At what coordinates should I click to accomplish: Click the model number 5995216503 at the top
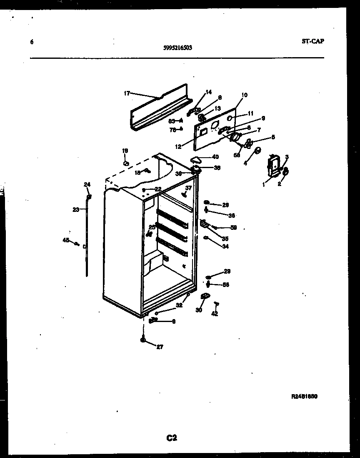point(178,48)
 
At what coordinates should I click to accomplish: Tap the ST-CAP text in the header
point(312,41)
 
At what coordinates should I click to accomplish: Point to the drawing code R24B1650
point(305,397)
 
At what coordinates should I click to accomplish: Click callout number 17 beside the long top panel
point(127,93)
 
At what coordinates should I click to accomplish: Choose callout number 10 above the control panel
point(244,95)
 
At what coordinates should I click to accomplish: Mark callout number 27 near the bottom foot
point(160,346)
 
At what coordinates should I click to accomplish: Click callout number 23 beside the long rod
point(75,210)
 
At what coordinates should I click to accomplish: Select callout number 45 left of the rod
point(65,240)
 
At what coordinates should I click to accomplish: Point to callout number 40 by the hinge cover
point(215,157)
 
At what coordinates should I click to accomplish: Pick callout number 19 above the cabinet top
point(125,151)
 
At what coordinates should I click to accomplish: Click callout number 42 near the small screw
point(215,314)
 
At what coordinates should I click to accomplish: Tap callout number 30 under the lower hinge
point(199,310)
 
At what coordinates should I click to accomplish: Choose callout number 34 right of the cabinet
point(225,246)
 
